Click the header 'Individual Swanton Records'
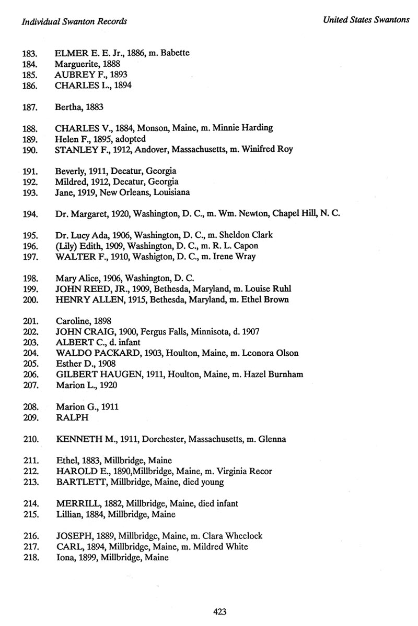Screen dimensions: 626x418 pyautogui.click(x=75, y=21)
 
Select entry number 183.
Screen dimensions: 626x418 pyautogui.click(x=29, y=53)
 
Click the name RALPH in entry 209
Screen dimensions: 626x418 pyautogui.click(x=68, y=417)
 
